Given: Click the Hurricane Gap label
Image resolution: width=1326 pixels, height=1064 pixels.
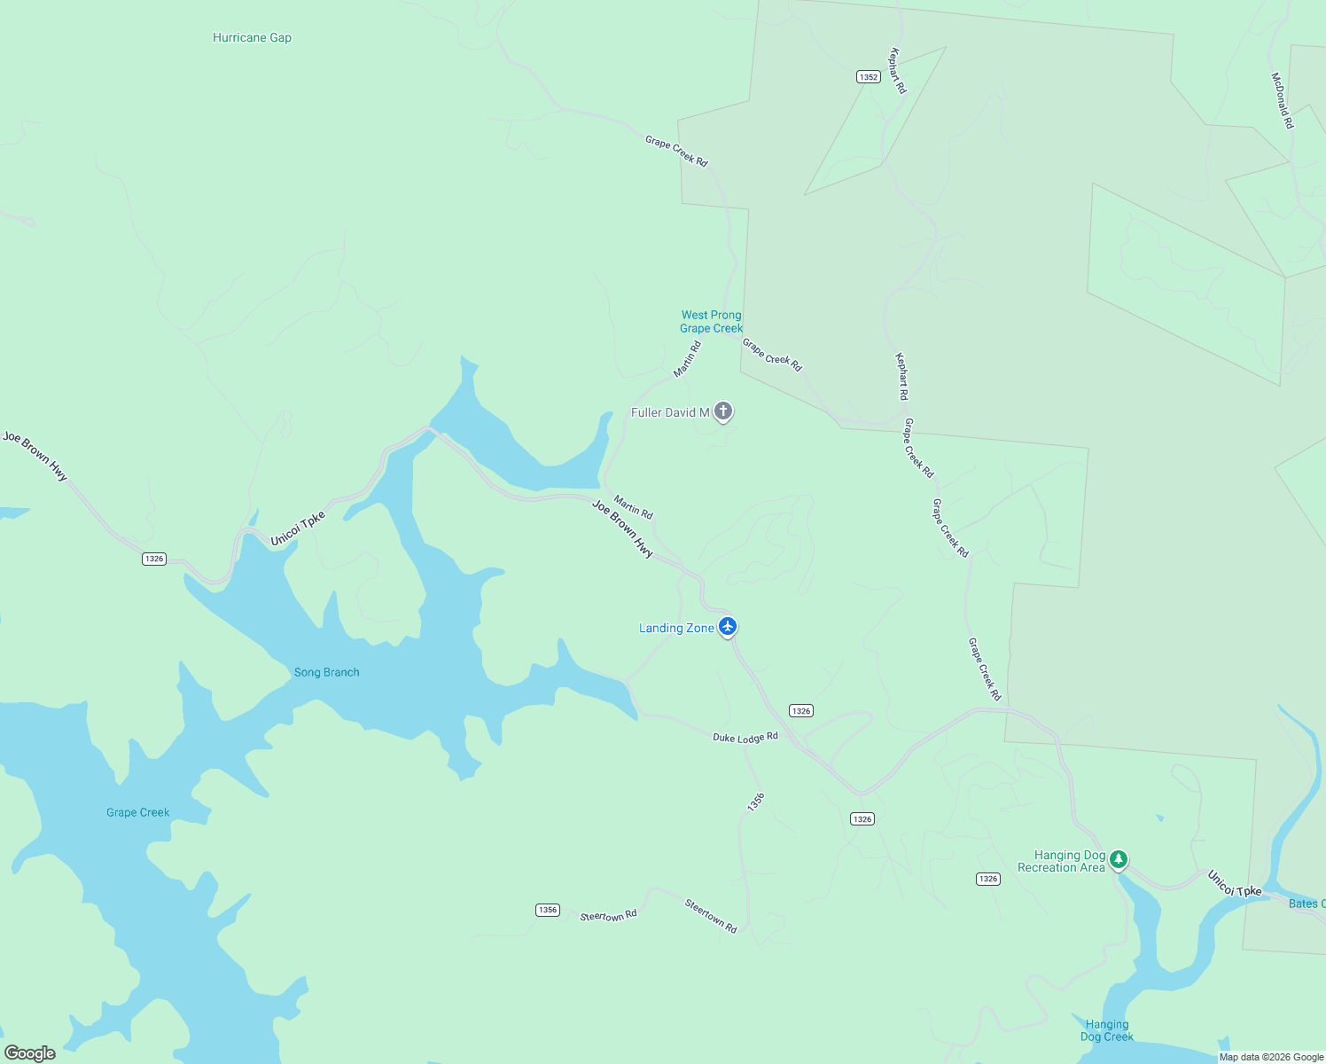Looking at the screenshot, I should point(252,37).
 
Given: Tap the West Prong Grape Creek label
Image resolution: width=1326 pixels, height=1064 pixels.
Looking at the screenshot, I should point(711,321).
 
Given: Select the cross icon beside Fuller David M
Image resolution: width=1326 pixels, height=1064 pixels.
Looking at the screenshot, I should point(723,411).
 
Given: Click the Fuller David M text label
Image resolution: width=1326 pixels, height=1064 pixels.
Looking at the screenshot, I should point(670,412).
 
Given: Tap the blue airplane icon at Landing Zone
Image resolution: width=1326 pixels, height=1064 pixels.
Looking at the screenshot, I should point(728,627).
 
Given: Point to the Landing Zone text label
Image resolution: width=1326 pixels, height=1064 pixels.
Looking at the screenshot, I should point(676,628).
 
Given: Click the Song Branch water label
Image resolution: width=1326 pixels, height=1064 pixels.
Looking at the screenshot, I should point(326,672).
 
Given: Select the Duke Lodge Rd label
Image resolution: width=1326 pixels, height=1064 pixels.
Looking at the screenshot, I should point(745,738).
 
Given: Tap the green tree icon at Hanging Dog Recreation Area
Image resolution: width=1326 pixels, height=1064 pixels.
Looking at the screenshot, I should point(1119,858).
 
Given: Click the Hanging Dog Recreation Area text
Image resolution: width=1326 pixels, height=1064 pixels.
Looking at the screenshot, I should point(1062,862).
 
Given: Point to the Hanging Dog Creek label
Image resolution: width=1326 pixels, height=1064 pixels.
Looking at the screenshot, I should point(1106,1030).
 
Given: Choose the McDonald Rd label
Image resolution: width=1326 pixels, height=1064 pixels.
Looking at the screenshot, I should point(1283,100).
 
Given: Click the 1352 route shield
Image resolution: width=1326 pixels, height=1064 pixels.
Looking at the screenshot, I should point(868,77).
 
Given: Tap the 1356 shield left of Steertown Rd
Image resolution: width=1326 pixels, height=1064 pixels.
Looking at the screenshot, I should point(548,910).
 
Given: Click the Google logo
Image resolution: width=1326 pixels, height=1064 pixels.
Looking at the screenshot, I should point(30,1052).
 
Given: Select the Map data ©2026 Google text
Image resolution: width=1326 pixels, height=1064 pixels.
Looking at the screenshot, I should point(1271,1057).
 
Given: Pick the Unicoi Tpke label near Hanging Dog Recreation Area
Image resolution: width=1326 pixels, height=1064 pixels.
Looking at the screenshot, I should point(1234,883).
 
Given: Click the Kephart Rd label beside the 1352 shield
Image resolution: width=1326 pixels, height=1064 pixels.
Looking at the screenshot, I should point(898,70).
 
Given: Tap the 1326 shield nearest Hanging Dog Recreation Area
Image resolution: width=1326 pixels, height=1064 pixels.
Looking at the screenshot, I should point(988,879).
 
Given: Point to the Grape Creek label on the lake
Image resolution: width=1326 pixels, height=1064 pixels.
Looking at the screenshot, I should point(137,812).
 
